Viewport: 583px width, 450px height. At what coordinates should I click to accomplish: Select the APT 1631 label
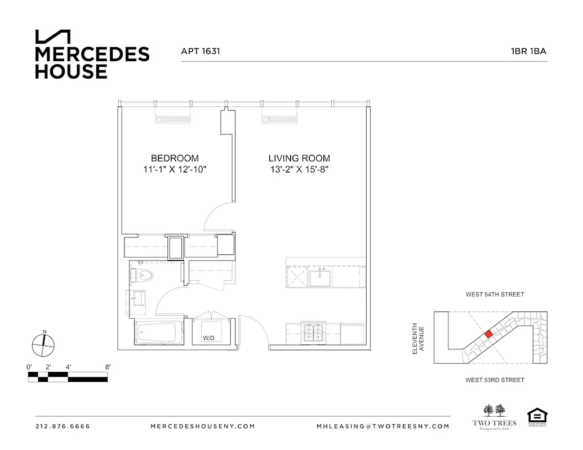(200, 51)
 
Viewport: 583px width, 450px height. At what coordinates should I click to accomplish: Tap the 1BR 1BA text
(528, 51)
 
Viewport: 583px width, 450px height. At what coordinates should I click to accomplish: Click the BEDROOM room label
(175, 159)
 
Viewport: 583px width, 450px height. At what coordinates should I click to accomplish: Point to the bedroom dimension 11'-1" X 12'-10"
(175, 169)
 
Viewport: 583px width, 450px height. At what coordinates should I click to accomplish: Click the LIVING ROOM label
(299, 159)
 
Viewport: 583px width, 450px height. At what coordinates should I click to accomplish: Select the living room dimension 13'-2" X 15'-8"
(299, 169)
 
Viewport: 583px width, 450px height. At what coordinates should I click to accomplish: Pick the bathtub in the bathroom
(159, 334)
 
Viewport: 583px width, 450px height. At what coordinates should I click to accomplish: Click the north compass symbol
(43, 344)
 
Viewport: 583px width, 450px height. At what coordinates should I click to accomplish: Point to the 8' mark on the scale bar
(107, 367)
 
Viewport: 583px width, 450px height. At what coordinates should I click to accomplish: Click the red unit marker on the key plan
(489, 334)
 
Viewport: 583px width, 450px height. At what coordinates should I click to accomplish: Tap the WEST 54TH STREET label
(495, 294)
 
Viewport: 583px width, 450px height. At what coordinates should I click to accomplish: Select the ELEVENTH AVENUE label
(417, 338)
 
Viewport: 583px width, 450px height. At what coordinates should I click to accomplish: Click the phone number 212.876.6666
(63, 426)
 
